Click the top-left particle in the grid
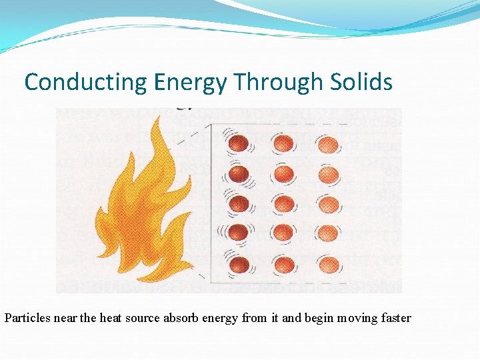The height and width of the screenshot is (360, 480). click(239, 144)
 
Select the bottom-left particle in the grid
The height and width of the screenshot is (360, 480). click(239, 265)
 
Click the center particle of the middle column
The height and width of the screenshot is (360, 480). click(283, 203)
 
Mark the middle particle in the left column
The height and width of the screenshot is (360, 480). click(239, 203)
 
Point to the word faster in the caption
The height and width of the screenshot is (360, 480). click(395, 318)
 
